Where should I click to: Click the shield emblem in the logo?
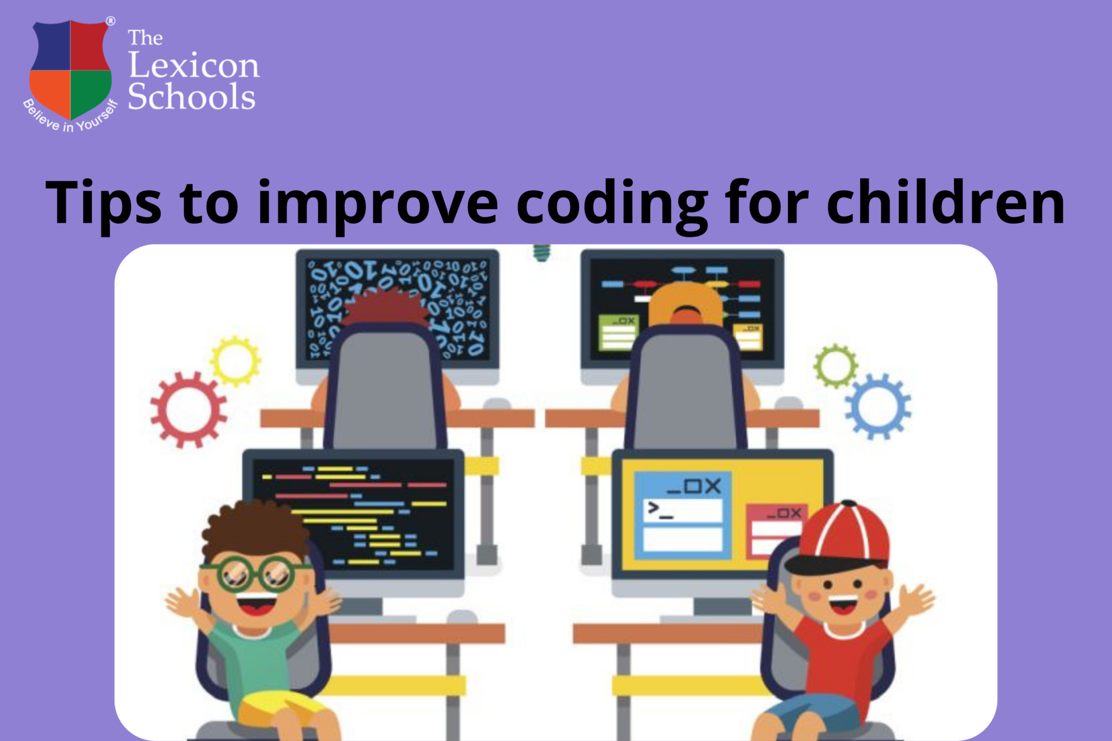pos(71,70)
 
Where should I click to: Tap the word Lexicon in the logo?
pos(194,66)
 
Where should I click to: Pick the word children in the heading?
pos(945,202)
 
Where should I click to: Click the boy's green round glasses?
pos(255,574)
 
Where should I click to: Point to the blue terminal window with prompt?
pos(683,516)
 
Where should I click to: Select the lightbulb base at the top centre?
pos(541,253)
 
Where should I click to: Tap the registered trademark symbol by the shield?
pos(110,21)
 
